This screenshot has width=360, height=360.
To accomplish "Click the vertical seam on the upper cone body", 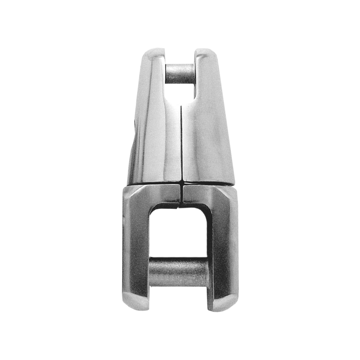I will coord(180,144).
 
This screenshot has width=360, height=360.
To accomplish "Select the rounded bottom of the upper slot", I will coord(180,98).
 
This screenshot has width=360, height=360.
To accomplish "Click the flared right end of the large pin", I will coord(208,273).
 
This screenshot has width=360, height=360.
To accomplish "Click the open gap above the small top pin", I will coord(180,56).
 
